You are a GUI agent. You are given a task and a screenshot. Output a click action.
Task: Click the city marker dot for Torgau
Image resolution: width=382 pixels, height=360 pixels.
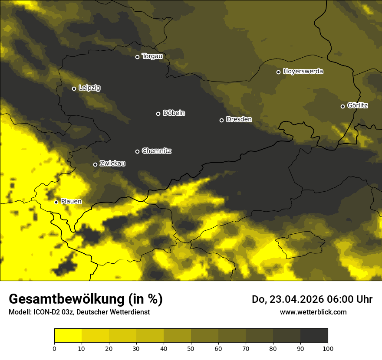[x=137, y=57]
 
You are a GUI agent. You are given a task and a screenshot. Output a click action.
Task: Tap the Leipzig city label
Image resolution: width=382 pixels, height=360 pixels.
[x=89, y=88]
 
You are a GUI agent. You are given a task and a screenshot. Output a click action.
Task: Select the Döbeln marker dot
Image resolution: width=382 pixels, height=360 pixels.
[x=158, y=114]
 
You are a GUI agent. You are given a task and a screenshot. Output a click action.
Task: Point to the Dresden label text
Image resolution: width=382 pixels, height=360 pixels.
[x=239, y=119]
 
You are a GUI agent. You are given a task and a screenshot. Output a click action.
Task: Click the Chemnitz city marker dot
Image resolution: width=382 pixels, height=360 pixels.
[x=137, y=151]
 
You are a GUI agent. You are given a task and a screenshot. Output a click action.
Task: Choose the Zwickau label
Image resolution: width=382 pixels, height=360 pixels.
[x=112, y=164]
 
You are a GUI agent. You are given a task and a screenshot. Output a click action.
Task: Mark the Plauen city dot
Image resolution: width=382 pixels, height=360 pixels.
[x=56, y=202]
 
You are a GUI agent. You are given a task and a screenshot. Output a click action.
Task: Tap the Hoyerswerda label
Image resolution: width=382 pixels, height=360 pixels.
[x=303, y=72]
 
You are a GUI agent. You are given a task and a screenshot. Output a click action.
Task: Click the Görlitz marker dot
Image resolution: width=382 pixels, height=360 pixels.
[x=342, y=106]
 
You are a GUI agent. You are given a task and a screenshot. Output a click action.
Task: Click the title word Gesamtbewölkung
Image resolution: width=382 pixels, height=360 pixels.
[x=66, y=299]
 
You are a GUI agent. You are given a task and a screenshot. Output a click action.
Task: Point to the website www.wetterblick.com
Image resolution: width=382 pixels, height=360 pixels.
[x=313, y=312]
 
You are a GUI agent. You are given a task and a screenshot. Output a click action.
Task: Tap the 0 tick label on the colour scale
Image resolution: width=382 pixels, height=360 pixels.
[x=54, y=348]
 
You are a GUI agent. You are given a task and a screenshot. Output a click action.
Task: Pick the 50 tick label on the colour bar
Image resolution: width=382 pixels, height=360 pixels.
[x=191, y=348]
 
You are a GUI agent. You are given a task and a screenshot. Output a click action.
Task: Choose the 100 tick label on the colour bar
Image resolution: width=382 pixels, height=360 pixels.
[x=328, y=348]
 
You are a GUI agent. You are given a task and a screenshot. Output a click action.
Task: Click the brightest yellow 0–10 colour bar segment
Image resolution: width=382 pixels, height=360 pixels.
[x=68, y=336]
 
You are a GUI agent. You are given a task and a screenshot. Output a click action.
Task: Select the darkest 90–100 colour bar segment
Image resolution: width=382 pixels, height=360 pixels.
[x=314, y=336]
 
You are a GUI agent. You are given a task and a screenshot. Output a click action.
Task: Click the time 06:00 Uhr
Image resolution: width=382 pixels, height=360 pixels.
[x=349, y=300]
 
